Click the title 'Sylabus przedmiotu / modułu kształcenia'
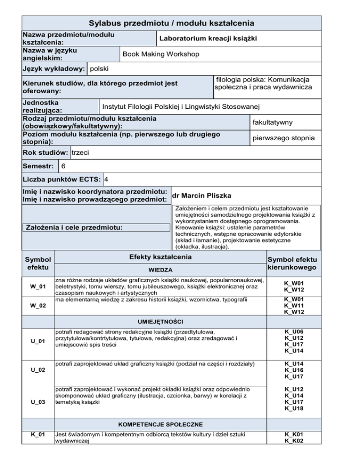[172, 23]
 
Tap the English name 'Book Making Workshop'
[161, 55]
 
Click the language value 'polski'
[99, 69]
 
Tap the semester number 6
[63, 166]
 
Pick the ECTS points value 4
[107, 180]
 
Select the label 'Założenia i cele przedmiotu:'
[96, 228]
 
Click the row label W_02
[38, 306]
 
